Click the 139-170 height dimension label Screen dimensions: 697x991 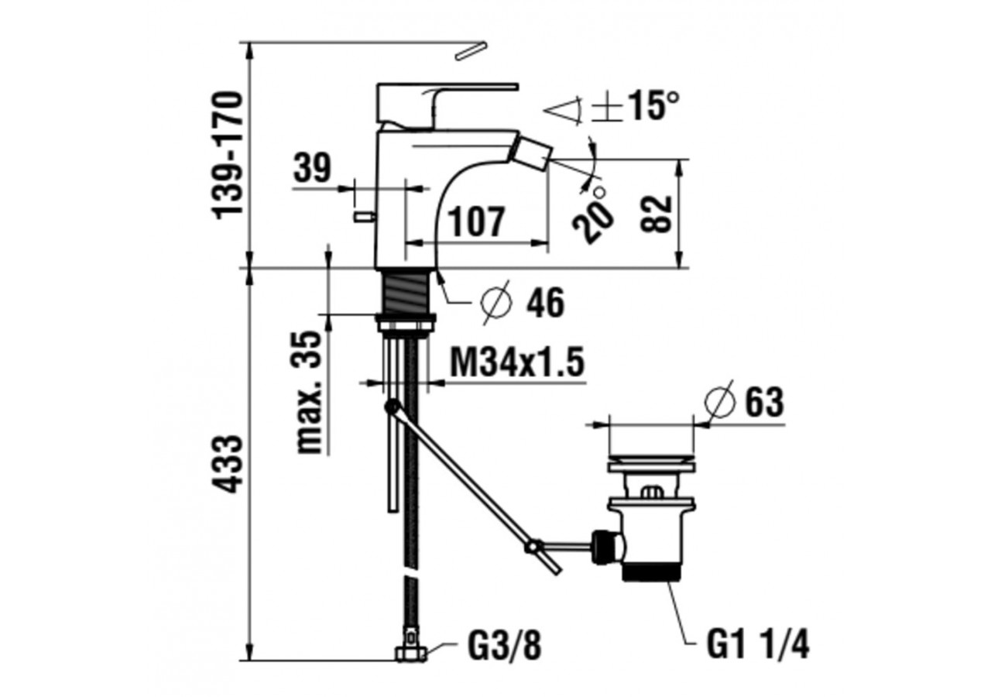tap(228, 154)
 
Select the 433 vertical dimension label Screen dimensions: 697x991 tap(228, 464)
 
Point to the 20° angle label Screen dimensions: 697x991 tap(595, 212)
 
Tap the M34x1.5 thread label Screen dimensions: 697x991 tap(516, 362)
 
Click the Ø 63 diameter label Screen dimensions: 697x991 tap(745, 402)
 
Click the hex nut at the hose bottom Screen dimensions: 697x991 tap(410, 654)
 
